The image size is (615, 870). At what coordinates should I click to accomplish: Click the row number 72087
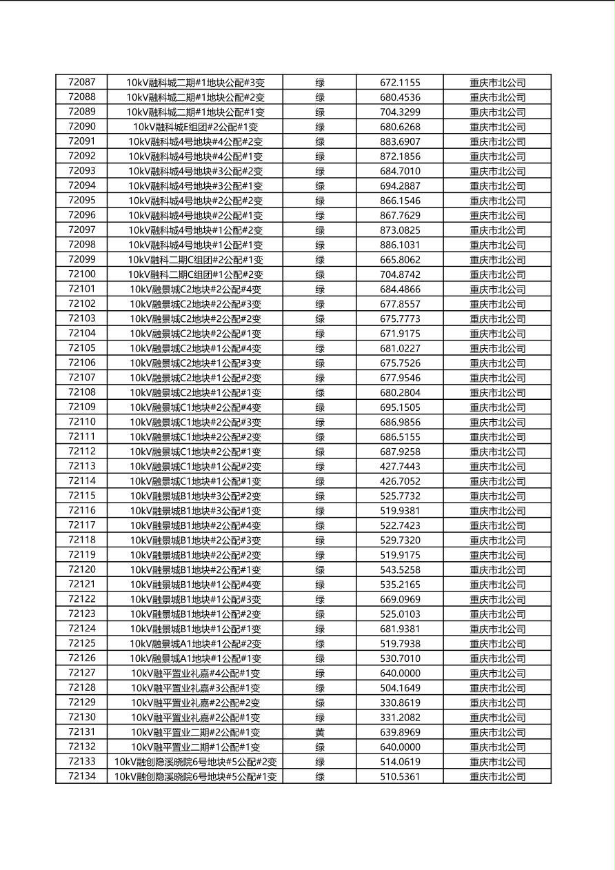point(82,82)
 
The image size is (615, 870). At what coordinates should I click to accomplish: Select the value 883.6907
point(400,141)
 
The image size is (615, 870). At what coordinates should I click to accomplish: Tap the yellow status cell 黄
point(320,732)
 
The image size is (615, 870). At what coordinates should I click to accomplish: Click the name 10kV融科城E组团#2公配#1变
point(195,127)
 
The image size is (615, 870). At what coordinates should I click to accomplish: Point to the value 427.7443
point(400,466)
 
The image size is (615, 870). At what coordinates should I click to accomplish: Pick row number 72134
point(82,776)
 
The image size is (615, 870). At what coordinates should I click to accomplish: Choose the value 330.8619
point(400,702)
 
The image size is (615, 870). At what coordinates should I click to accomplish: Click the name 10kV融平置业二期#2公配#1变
point(195,732)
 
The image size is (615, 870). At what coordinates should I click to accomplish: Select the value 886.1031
point(400,245)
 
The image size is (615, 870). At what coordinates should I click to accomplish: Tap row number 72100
point(82,274)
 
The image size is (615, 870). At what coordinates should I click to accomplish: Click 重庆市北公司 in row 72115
point(497,496)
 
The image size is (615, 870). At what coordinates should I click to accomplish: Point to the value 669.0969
point(400,599)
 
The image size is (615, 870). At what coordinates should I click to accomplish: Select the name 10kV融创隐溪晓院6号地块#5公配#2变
point(195,762)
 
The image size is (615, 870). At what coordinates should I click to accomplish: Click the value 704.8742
point(400,274)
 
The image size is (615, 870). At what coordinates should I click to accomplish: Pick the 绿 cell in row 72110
point(320,422)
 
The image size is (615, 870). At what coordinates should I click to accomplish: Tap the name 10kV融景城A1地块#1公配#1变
point(195,658)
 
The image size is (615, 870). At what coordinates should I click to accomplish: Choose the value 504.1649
point(400,688)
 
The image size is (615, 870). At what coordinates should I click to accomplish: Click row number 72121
point(82,585)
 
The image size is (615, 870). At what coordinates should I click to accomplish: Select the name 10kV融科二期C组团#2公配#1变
point(195,260)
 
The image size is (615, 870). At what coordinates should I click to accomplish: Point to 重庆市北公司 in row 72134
point(497,776)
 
